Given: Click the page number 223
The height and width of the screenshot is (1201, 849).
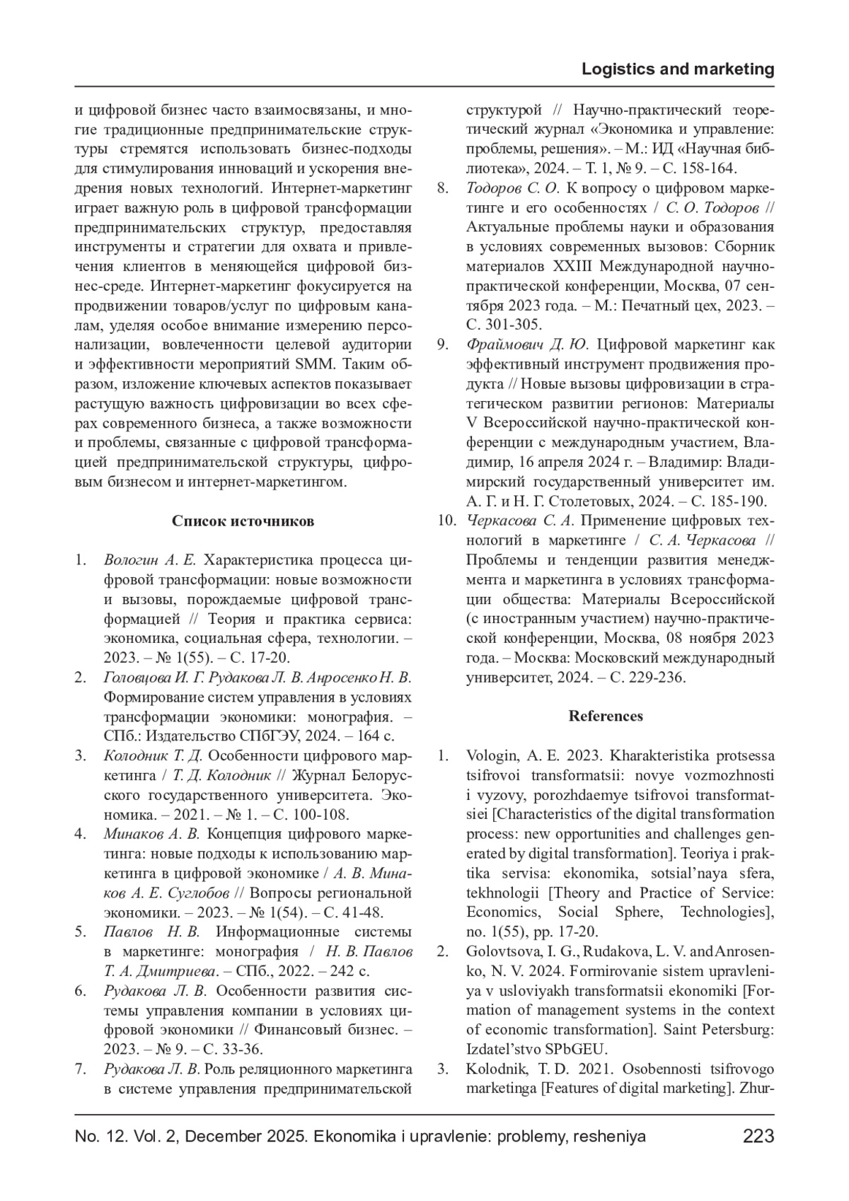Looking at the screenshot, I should [x=758, y=1137].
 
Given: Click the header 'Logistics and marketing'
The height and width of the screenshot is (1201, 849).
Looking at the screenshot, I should [x=677, y=69].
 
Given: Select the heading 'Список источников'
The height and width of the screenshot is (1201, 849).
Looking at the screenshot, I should [x=243, y=521].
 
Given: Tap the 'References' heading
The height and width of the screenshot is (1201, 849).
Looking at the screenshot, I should [x=606, y=716].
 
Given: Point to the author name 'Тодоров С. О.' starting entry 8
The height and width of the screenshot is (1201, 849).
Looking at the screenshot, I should [x=513, y=188].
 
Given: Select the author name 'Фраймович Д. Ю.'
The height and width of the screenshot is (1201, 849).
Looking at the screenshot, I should [x=528, y=345].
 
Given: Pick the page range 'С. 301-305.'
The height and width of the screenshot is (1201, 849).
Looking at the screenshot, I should [x=504, y=325].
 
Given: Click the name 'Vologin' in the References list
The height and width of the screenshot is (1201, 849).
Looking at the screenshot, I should [x=492, y=755].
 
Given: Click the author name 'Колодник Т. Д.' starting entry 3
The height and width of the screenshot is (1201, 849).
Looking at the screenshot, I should [x=154, y=755].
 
